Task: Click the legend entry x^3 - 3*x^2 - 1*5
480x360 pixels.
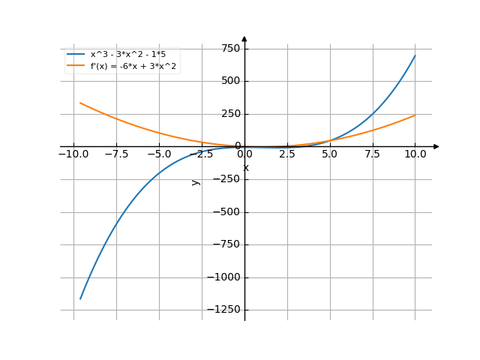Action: [x=124, y=55]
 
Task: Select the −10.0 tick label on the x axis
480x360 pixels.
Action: [x=73, y=154]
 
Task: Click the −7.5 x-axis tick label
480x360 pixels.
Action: [x=116, y=154]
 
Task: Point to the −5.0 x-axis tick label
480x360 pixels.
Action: [x=159, y=154]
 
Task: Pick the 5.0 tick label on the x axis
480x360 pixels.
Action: [x=330, y=154]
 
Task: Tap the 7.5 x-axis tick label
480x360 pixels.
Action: [x=373, y=154]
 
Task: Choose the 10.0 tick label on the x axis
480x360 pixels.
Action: [x=415, y=154]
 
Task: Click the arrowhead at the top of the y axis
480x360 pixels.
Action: [x=244, y=38]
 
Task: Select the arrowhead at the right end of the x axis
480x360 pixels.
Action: [x=436, y=146]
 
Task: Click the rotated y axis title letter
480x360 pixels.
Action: [x=196, y=181]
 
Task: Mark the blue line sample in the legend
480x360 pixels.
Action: [x=75, y=55]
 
